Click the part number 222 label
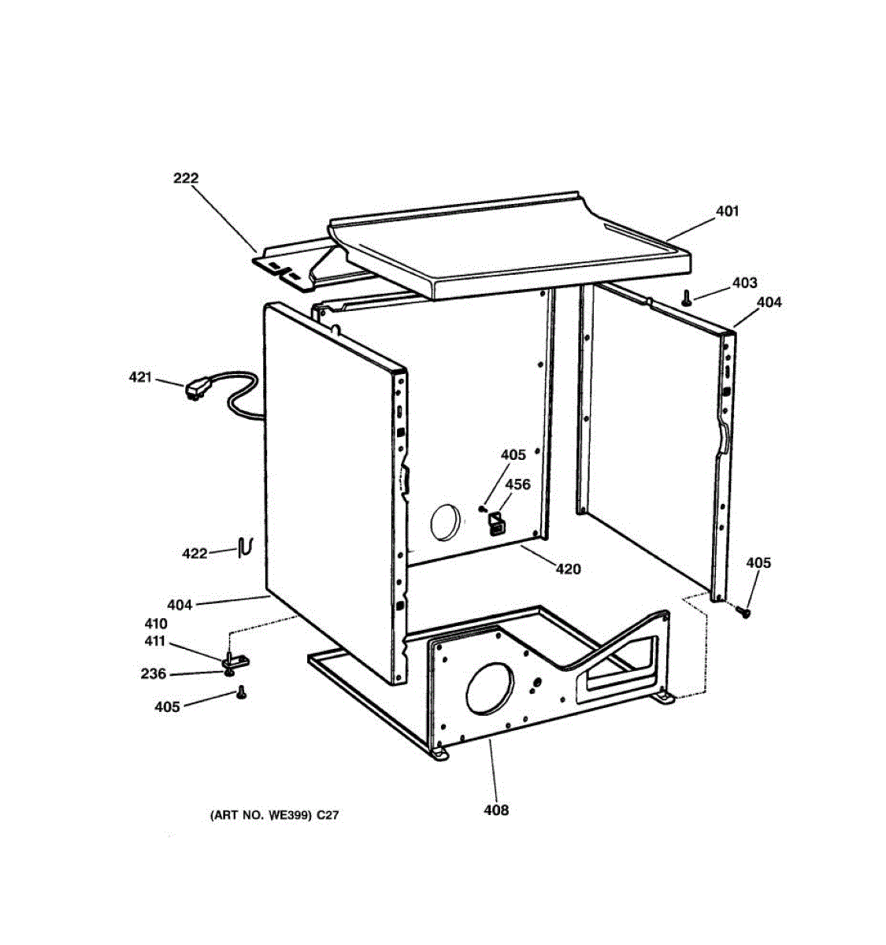click(x=186, y=179)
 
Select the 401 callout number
click(x=727, y=211)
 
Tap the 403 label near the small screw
click(x=744, y=283)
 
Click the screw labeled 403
click(x=687, y=298)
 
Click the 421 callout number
click(x=140, y=378)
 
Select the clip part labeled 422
click(x=245, y=546)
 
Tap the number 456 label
click(x=517, y=484)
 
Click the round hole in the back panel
click(x=445, y=523)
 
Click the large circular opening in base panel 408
click(x=491, y=689)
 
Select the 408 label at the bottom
click(x=496, y=810)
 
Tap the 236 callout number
click(x=154, y=674)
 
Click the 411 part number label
click(x=154, y=641)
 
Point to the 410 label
click(x=154, y=624)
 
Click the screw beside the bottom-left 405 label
click(x=241, y=692)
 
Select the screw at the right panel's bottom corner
click(x=743, y=611)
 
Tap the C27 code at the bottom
click(x=328, y=816)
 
